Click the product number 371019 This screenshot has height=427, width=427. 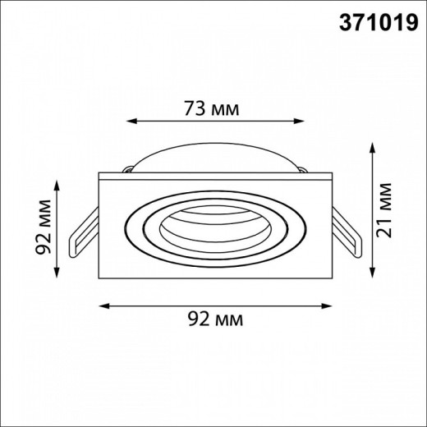(379, 22)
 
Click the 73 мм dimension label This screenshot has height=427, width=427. (211, 108)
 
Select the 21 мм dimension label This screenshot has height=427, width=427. (383, 210)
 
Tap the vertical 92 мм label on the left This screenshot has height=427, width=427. (44, 227)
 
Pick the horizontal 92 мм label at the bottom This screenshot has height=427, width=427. (215, 319)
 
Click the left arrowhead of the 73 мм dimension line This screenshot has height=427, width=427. (131, 121)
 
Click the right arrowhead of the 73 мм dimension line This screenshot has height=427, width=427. (299, 121)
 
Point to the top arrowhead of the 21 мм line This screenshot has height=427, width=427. (372, 148)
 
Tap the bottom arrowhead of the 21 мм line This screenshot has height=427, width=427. (372, 273)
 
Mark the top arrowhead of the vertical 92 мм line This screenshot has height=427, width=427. (57, 186)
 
